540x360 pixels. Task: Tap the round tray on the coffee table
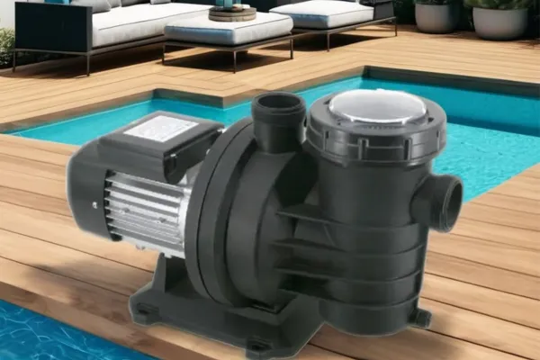232,13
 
